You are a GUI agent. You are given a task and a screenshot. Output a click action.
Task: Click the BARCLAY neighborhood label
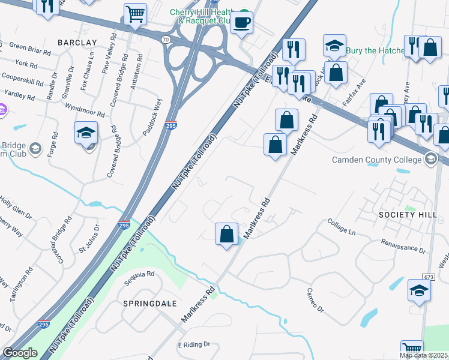[77, 43]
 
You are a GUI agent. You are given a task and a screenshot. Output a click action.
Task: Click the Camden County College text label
[377, 160]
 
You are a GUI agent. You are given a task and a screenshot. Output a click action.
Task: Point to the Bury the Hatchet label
[379, 50]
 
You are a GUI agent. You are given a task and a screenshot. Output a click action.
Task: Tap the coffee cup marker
[242, 23]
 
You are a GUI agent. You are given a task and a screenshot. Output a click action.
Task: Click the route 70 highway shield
[165, 39]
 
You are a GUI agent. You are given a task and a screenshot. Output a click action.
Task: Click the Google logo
[20, 353]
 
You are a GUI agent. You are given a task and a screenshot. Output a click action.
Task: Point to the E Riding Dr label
[194, 345]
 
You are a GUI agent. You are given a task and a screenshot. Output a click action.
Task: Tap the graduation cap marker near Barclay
[86, 133]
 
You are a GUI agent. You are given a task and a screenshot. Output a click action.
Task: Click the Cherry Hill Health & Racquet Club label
[201, 16]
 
